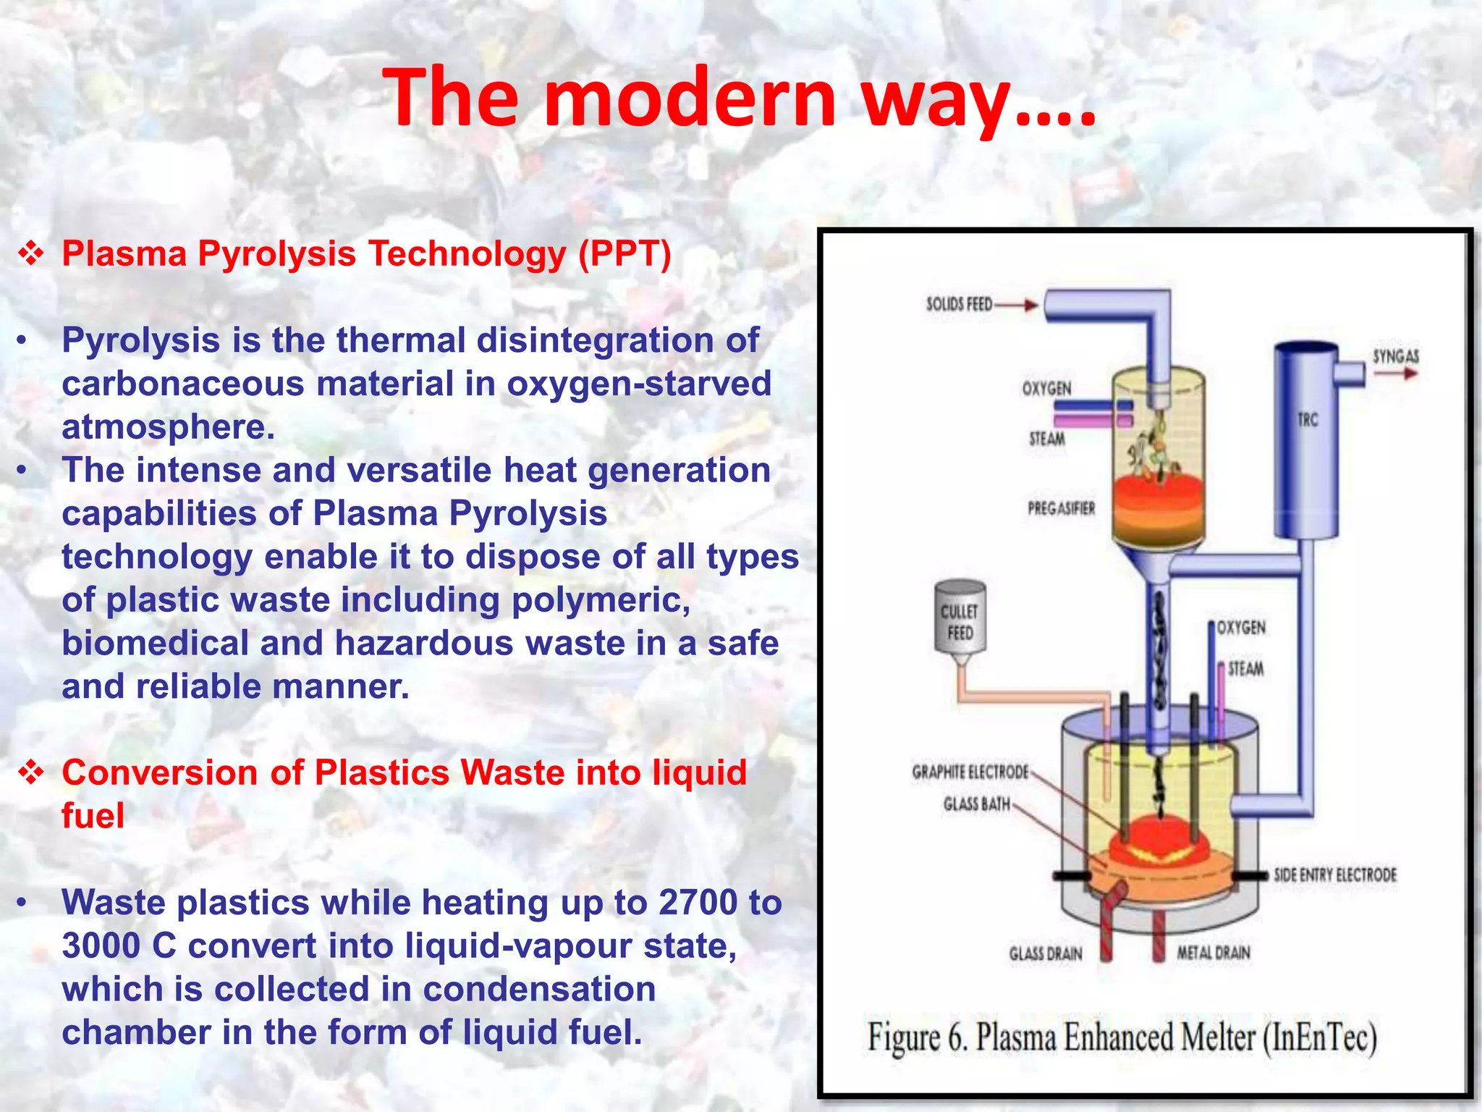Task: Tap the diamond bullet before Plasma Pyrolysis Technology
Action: coord(31,253)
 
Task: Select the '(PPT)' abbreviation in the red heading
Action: coord(624,254)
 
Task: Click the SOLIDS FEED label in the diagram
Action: coord(959,304)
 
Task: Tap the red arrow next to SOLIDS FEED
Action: coord(1017,305)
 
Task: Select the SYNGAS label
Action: coord(1396,356)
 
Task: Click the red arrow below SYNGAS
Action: coord(1396,374)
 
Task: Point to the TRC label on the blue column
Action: coord(1308,420)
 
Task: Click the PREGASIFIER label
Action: coord(1061,508)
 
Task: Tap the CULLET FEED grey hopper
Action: coord(960,619)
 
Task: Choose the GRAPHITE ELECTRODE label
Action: coord(970,772)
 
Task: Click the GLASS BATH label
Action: coord(976,804)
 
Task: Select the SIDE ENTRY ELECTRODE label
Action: coord(1335,875)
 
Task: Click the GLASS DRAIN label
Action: coord(1046,953)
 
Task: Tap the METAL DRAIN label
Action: coord(1214,953)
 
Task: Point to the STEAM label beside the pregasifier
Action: coord(1047,439)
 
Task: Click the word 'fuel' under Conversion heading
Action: coord(93,817)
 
